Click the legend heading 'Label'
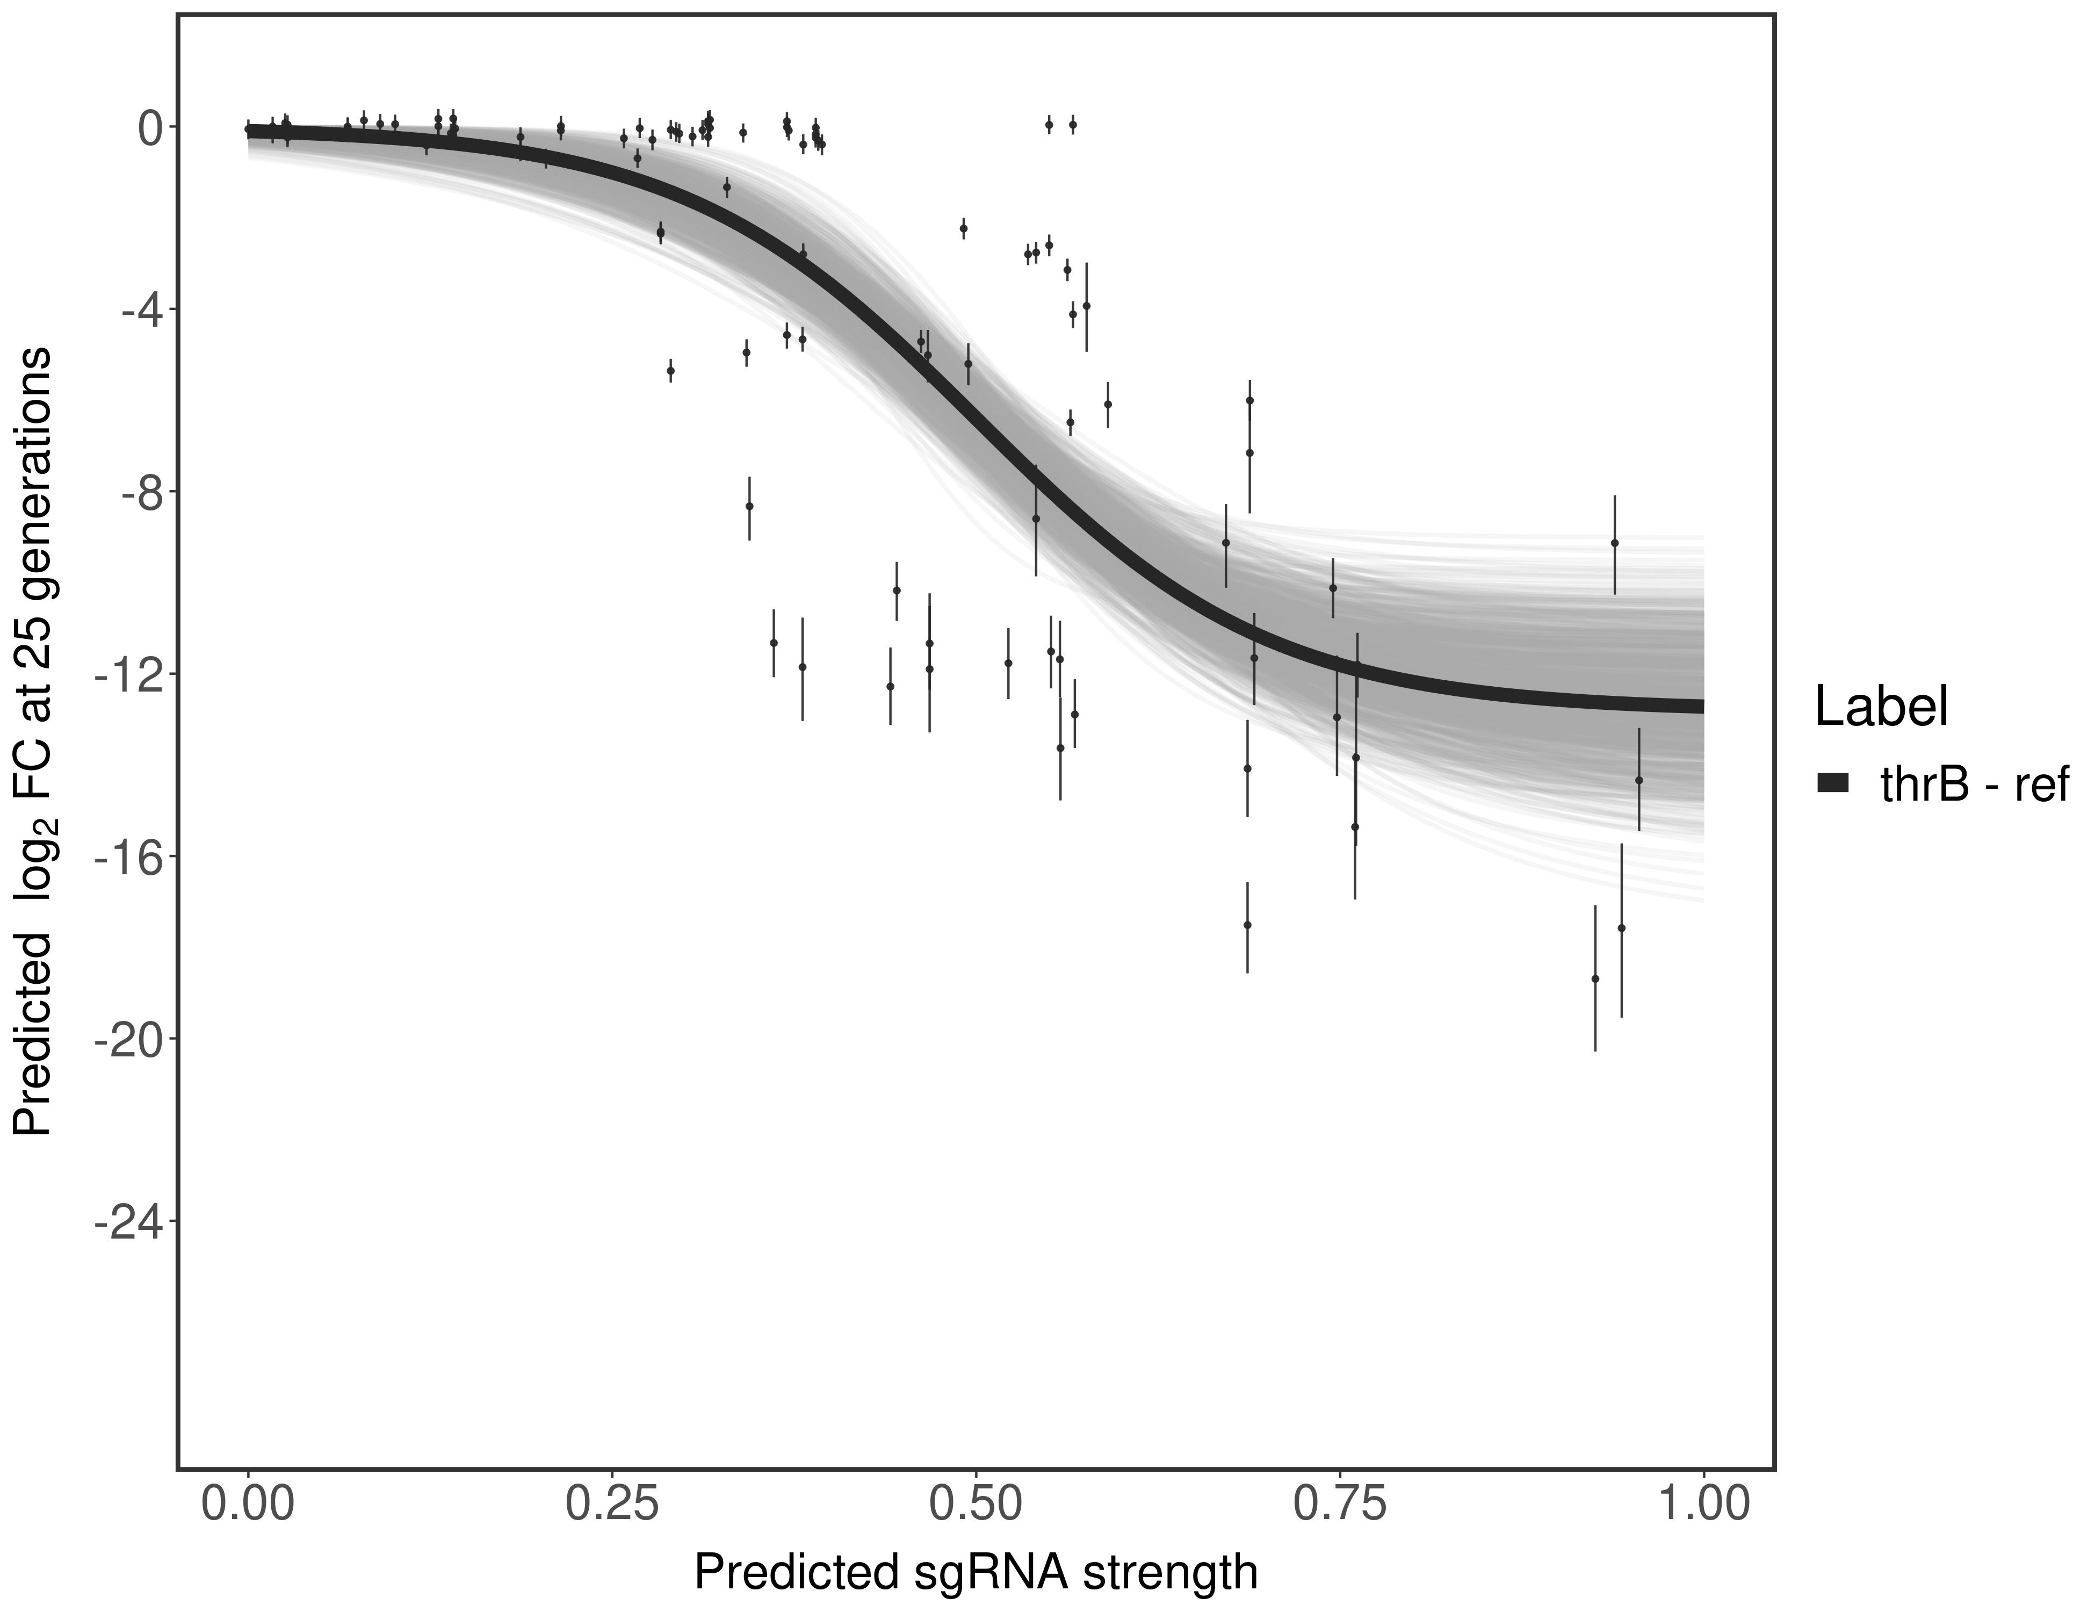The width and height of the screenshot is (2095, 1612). [1882, 708]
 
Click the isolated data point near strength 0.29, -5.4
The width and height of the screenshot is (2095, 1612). [670, 370]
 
